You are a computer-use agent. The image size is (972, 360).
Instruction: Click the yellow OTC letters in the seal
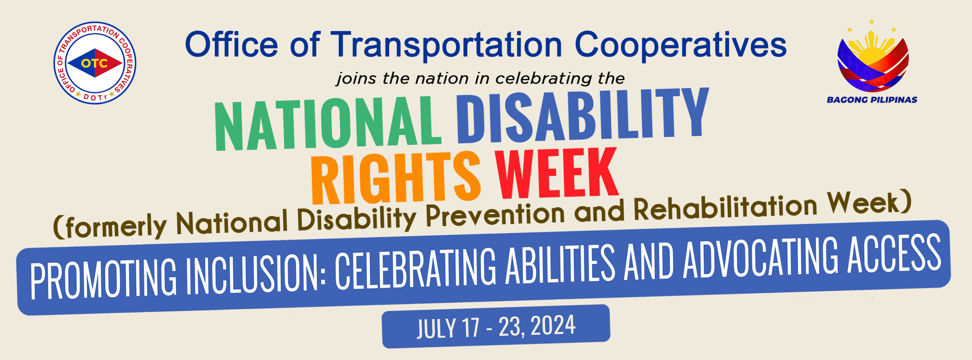tap(94, 63)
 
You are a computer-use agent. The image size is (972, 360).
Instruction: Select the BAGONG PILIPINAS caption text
tap(872, 100)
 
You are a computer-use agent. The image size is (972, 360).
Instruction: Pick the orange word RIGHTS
tap(396, 178)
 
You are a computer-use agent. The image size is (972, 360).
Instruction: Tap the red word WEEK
tap(557, 173)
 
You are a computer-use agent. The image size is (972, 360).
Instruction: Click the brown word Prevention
tap(495, 215)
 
